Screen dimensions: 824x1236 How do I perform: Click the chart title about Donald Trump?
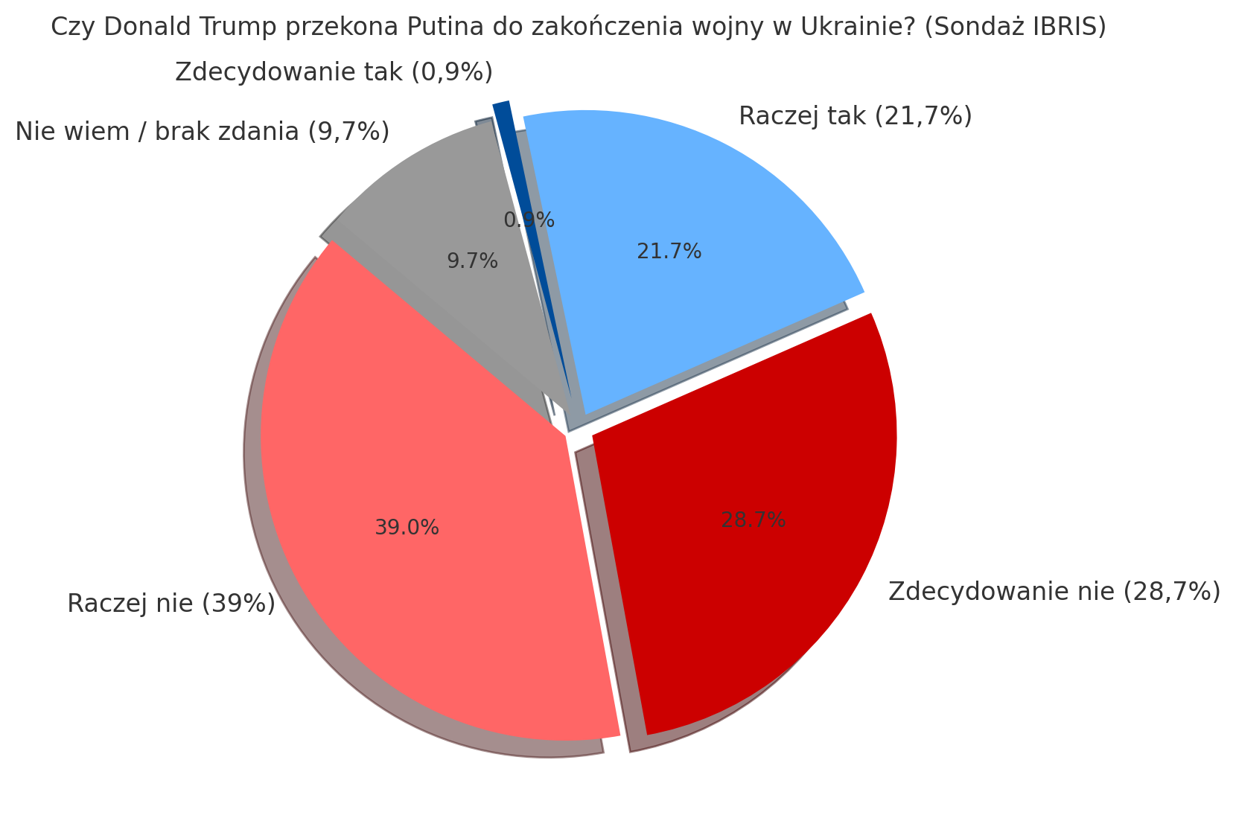pos(578,28)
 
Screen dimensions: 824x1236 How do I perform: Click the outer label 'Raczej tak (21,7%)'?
pos(855,116)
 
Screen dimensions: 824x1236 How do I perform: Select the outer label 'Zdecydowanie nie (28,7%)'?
pos(1054,591)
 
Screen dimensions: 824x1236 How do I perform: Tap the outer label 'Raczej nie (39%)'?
pos(171,603)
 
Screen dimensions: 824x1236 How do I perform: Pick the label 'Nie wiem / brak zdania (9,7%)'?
pos(202,132)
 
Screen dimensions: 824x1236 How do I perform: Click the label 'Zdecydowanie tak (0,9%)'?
pos(334,72)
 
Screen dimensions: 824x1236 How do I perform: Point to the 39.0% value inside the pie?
pos(407,528)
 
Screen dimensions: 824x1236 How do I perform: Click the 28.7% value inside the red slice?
pos(753,520)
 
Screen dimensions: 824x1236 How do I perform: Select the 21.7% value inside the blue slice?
pos(669,252)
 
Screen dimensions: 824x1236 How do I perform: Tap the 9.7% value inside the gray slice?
pos(472,261)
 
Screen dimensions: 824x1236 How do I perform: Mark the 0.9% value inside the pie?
pos(529,220)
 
